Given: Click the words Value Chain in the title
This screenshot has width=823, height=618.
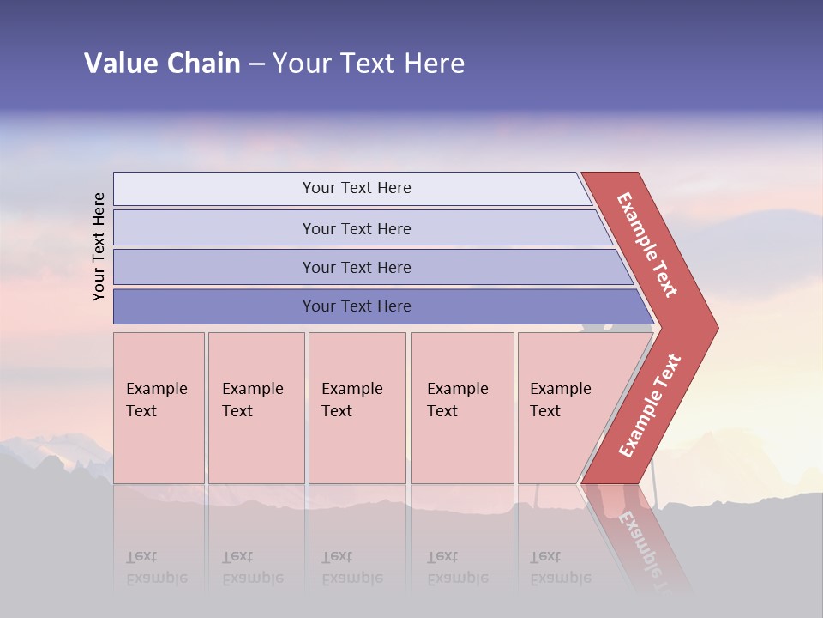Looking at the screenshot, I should (x=162, y=63).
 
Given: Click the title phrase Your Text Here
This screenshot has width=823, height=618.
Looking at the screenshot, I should (x=369, y=63).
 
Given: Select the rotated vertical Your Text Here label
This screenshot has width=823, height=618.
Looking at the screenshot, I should (x=99, y=246).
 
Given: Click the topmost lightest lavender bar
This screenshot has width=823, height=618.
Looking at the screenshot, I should (x=214, y=189).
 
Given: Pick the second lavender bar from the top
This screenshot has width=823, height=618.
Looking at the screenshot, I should (x=214, y=228).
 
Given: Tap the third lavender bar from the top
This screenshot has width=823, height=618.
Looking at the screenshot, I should (x=214, y=267).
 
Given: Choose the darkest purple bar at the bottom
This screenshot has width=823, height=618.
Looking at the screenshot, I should (x=214, y=306).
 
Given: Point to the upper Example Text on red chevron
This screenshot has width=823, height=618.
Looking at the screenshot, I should (x=647, y=245).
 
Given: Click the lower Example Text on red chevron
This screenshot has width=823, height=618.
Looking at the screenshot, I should (x=650, y=405).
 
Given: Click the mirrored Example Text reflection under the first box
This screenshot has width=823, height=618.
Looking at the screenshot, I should (x=157, y=567).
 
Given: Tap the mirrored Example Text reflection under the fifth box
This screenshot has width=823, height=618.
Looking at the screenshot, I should (x=560, y=567).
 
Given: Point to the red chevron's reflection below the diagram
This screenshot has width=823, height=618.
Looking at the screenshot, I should (x=643, y=541).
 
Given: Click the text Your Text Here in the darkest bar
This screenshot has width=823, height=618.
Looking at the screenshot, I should (x=357, y=306).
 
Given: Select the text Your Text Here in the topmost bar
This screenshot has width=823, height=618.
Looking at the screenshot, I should (x=357, y=188).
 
